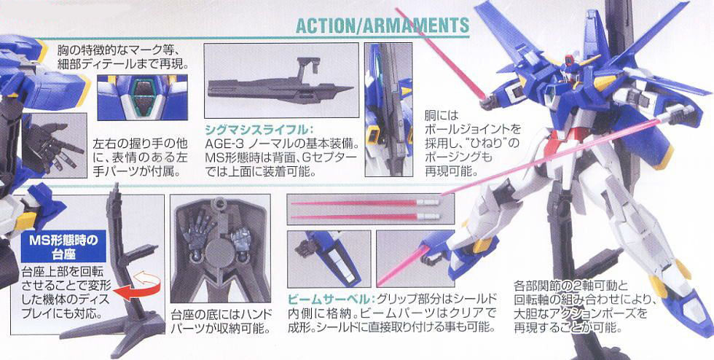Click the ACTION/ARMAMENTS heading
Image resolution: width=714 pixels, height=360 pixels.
[x=382, y=26]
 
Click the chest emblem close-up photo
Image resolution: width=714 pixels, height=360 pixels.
[x=142, y=98]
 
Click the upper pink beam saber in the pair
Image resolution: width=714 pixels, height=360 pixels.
[x=365, y=203]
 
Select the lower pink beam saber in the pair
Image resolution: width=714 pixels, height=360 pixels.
[x=365, y=216]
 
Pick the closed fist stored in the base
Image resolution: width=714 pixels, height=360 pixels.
[x=239, y=237]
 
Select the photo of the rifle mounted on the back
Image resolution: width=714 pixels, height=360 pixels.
[x=388, y=109]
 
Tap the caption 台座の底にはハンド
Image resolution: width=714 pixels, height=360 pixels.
[x=221, y=314]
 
